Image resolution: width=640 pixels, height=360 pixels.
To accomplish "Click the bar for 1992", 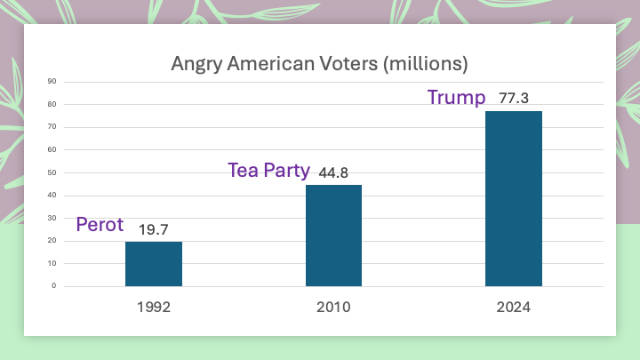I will (x=154, y=264).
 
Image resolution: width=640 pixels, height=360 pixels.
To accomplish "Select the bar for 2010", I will (x=333, y=236).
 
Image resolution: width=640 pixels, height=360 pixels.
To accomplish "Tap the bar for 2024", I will (x=513, y=198).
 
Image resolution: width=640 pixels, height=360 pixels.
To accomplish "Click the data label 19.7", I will (x=154, y=230).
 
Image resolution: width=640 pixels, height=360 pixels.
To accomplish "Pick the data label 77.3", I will (x=514, y=99).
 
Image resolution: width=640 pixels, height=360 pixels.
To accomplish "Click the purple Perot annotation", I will (x=100, y=225).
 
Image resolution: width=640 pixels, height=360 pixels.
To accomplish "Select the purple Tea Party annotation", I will (x=268, y=170).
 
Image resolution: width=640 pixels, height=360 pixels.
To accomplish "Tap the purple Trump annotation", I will (x=457, y=97).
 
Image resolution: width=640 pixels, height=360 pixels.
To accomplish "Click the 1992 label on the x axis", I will (x=154, y=308).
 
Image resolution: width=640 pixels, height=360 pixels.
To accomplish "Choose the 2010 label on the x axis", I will (x=333, y=308).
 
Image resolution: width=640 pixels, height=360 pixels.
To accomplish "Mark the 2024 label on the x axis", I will (x=513, y=308).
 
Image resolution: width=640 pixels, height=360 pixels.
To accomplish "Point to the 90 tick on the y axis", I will (x=52, y=82).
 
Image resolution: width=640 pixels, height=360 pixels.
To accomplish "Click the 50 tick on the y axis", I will (x=52, y=172).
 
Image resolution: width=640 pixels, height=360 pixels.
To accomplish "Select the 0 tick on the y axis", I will (x=54, y=286).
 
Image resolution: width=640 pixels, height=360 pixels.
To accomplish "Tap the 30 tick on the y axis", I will (x=52, y=218).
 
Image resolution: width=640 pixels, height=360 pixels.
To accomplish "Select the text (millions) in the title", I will (x=420, y=65).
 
